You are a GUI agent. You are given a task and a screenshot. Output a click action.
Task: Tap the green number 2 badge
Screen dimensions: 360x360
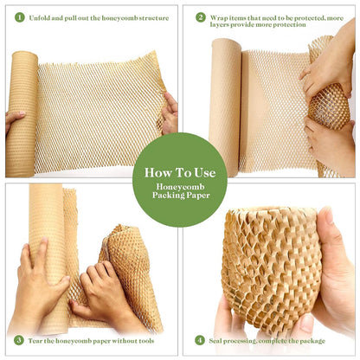coord(201,16)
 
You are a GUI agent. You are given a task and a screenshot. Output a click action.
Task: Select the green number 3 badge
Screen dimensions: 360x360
coord(18,340)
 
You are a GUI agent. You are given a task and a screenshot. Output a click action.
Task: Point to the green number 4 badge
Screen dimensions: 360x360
coord(201,340)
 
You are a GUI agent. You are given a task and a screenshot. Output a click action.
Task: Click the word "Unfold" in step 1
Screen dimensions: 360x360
coord(40,17)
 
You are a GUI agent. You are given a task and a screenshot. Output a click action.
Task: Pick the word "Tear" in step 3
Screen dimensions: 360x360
coord(37,341)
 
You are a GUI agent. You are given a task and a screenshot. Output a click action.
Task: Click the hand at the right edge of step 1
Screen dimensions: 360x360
coord(170,112)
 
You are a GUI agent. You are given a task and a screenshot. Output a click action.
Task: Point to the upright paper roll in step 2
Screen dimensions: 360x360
coord(225,104)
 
